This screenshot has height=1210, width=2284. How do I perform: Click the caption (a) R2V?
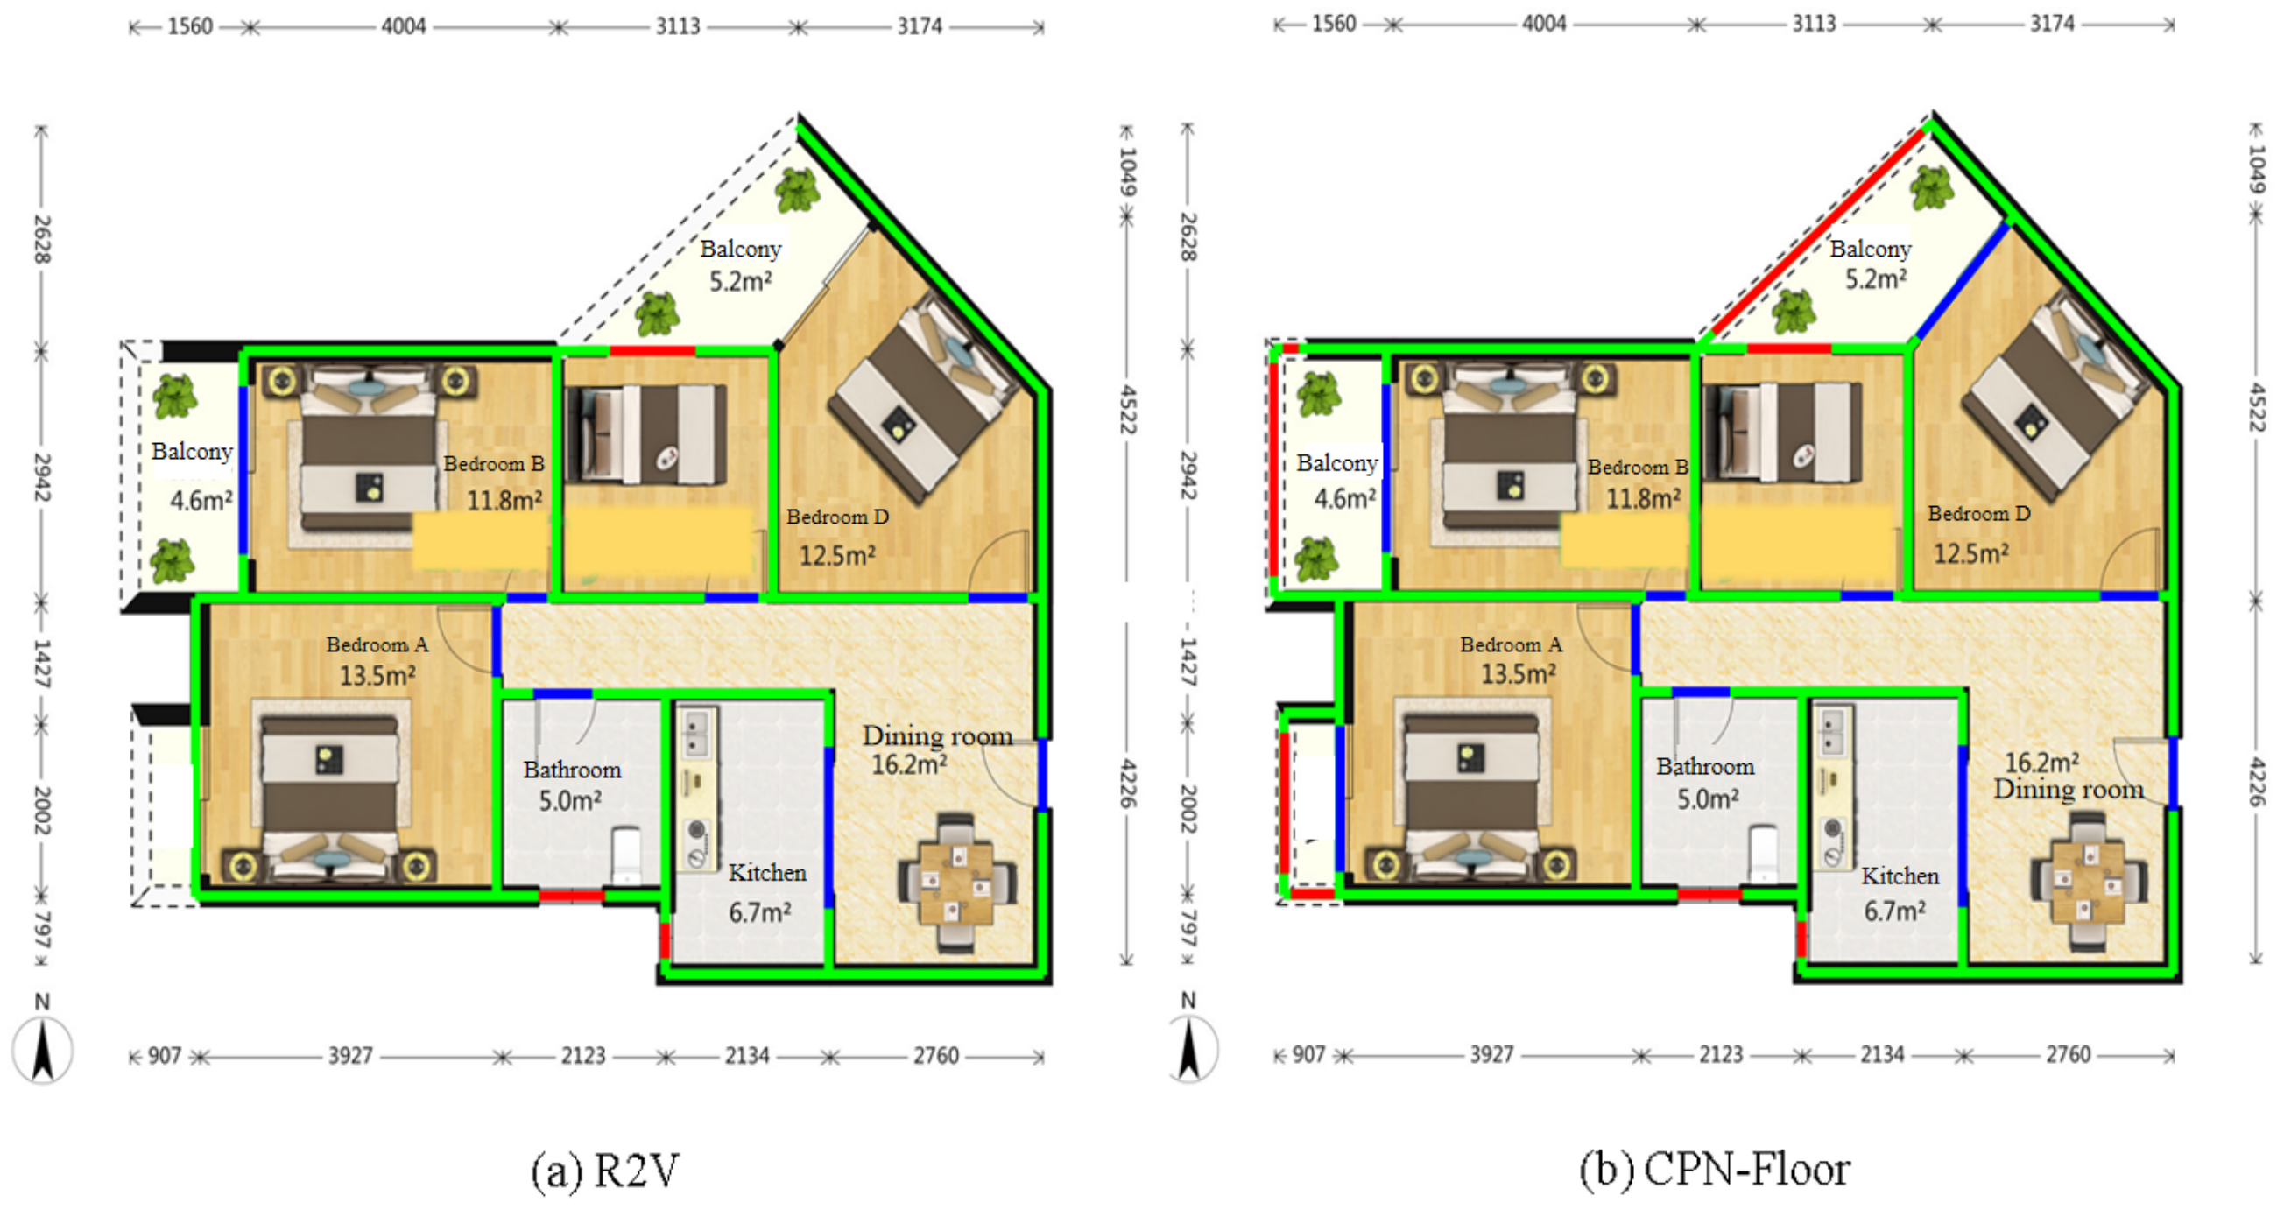click(x=604, y=1170)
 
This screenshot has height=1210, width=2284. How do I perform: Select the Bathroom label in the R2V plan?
click(x=572, y=770)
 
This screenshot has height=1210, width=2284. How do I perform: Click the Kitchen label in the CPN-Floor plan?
click(x=1900, y=876)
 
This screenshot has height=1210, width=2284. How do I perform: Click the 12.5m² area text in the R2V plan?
click(x=837, y=556)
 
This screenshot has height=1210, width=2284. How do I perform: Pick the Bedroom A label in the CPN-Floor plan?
click(x=1511, y=644)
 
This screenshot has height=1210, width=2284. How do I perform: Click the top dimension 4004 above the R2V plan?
click(x=404, y=26)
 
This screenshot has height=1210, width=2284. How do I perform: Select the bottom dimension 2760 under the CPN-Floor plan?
click(x=2068, y=1055)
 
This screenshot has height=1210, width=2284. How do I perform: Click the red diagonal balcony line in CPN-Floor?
click(x=1817, y=235)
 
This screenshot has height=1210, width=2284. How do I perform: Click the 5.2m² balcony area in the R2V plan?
click(x=739, y=282)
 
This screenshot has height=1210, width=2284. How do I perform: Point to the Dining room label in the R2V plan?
click(x=937, y=735)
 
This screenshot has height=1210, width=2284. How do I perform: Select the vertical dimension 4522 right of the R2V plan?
click(x=1126, y=410)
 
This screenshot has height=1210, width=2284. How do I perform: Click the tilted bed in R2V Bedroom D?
click(x=922, y=399)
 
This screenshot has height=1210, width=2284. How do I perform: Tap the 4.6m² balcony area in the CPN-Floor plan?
click(x=1344, y=498)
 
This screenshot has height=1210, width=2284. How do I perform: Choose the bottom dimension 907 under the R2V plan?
click(x=164, y=1056)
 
